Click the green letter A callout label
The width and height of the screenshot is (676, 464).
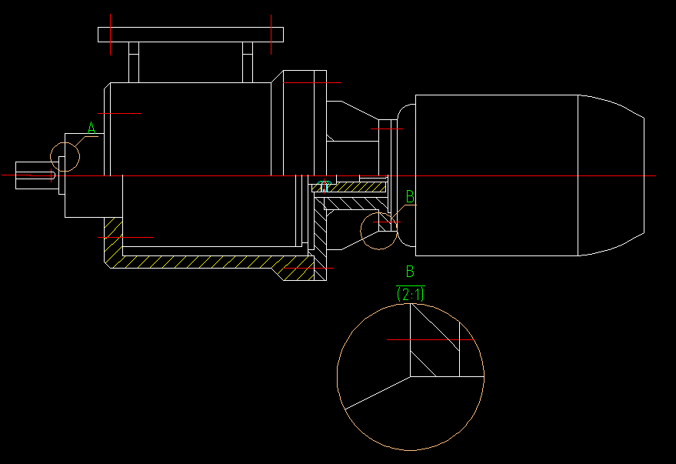(x=92, y=128)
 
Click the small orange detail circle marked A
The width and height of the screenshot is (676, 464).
(x=65, y=156)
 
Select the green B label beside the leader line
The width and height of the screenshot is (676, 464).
(x=410, y=197)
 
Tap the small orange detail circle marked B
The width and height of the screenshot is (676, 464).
(x=379, y=231)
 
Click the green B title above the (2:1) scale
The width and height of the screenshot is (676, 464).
(x=410, y=271)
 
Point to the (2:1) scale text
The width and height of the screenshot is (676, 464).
(x=410, y=293)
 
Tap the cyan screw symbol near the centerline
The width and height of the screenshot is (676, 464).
(x=324, y=186)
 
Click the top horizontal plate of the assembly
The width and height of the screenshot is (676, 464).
(x=191, y=35)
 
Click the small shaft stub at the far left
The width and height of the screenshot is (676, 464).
(x=35, y=175)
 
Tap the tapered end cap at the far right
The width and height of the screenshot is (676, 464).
(x=611, y=175)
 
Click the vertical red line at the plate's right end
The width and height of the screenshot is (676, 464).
(x=271, y=35)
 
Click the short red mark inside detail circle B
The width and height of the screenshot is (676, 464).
(x=387, y=222)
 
